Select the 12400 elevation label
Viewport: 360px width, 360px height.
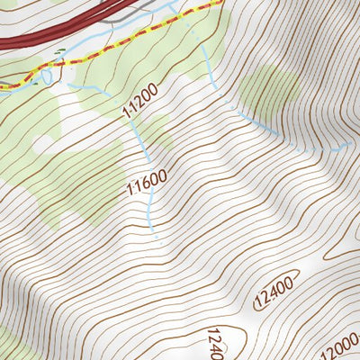point(275,290)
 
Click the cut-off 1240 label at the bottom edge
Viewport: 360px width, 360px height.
point(214,345)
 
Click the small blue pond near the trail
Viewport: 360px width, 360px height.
point(39,78)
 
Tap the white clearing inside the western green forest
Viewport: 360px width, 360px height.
point(43,142)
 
